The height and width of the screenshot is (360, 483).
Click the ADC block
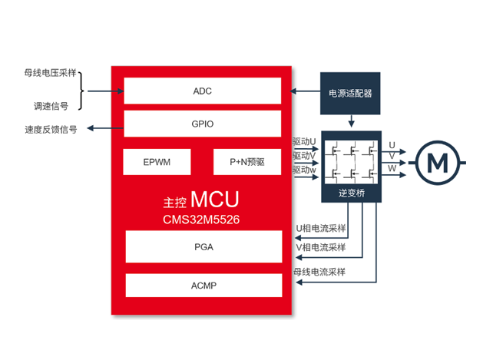point(202,91)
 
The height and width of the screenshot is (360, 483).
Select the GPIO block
point(202,124)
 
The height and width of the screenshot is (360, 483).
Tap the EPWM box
point(157,163)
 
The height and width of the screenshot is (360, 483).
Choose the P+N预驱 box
point(246,163)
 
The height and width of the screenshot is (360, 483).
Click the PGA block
point(203,247)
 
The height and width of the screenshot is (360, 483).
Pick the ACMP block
point(203,286)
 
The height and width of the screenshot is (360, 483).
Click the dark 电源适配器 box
point(350,93)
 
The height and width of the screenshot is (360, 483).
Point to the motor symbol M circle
point(437,163)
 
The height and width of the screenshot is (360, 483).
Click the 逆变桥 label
point(351,193)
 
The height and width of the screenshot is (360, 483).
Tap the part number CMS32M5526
point(202,219)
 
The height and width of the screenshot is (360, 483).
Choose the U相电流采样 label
point(321,228)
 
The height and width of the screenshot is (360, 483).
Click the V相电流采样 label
point(321,247)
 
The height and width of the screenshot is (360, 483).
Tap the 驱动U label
point(304,141)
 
